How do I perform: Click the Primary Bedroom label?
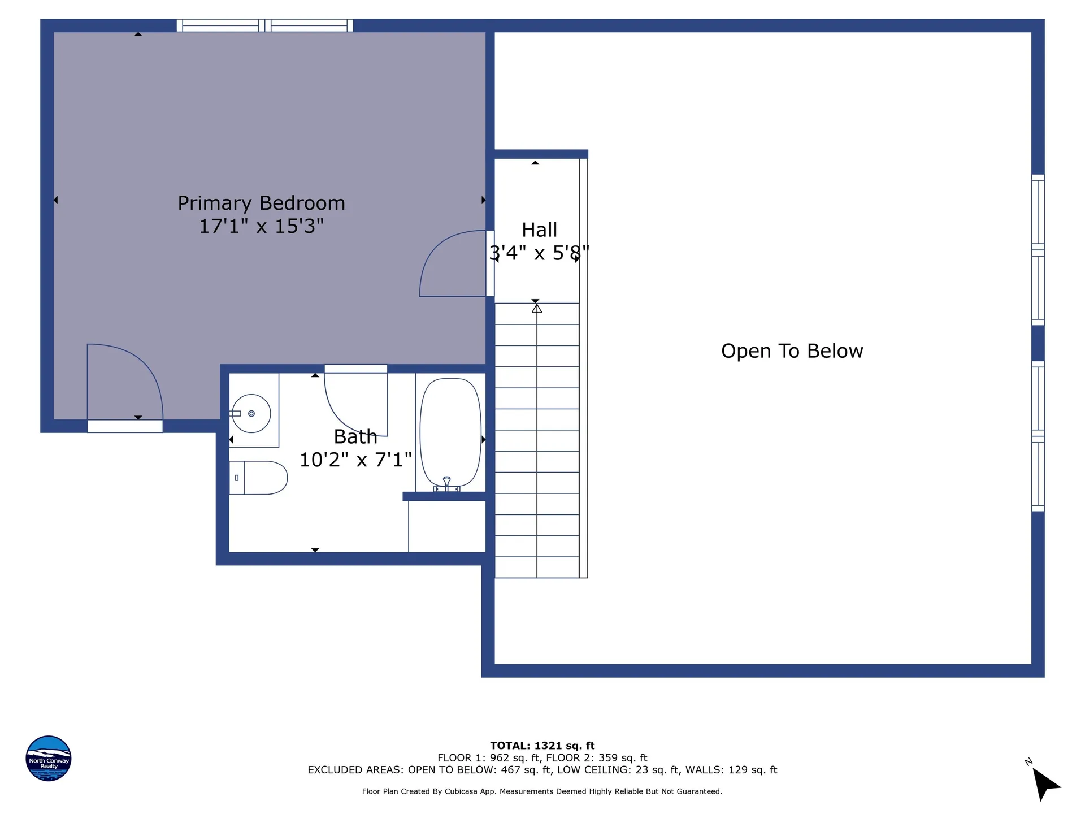coord(261,203)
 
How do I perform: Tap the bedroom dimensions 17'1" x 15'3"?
coord(261,226)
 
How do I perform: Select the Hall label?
coord(539,230)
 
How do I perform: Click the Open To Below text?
coord(792,351)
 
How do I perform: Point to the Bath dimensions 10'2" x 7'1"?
coord(355,460)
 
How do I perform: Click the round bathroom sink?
coord(251,413)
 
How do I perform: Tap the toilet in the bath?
coord(258,478)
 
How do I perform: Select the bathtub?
coord(450,432)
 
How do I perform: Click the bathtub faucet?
coord(446,484)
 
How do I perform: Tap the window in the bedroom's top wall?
coord(265,25)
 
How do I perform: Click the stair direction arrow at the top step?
coord(537,309)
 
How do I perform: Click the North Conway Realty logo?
coord(49,758)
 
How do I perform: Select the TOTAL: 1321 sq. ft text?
coord(542,746)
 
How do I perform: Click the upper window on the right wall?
coord(1038,250)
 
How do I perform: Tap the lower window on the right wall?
coord(1038,436)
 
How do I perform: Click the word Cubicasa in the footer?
coord(458,791)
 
